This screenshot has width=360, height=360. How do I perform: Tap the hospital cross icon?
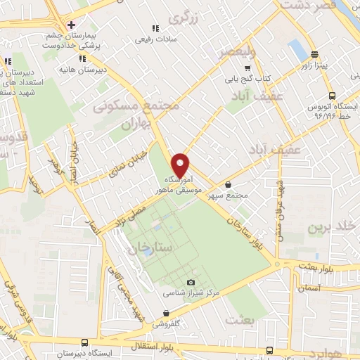[x=70, y=25]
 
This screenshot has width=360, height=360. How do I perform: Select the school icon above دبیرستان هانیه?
[x=84, y=58]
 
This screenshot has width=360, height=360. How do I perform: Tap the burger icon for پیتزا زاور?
[x=314, y=54]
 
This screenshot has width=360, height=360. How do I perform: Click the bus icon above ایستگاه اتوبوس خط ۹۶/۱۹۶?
[x=331, y=96]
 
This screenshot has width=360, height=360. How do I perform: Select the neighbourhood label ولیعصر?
[x=233, y=53]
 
